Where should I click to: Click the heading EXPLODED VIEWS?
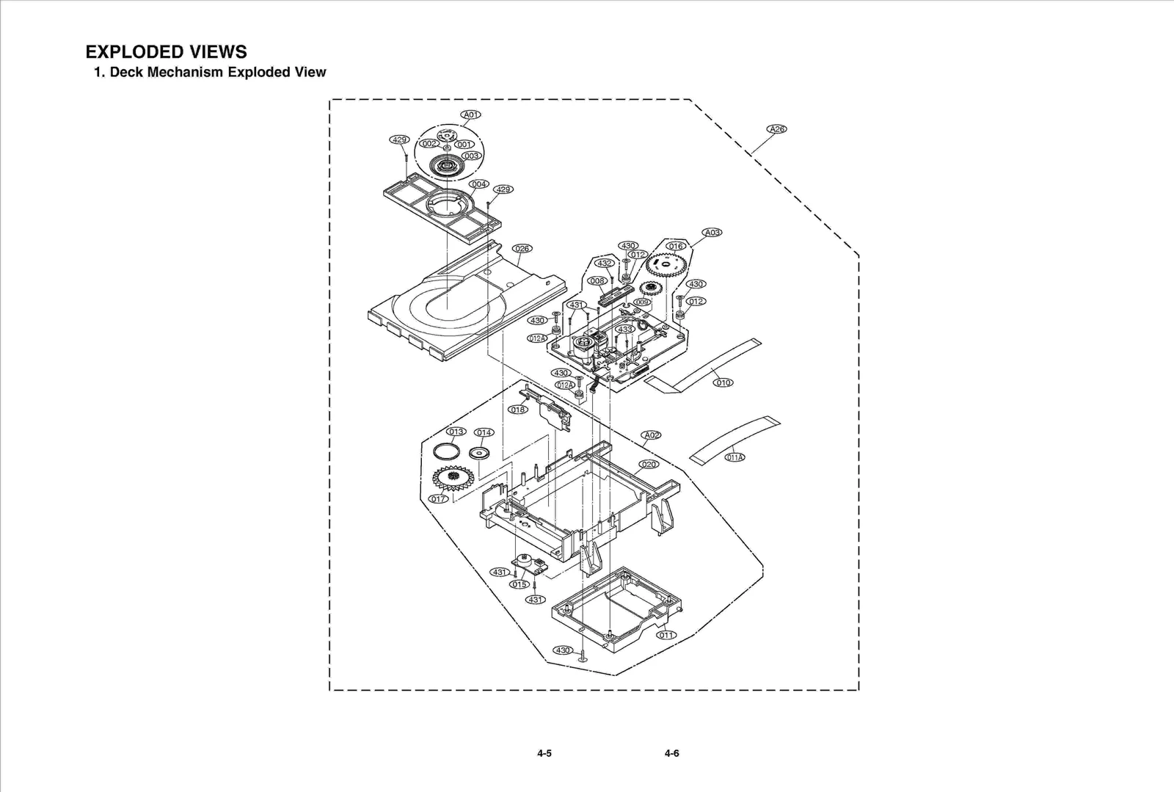point(166,51)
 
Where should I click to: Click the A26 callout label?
point(776,129)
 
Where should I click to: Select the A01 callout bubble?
point(471,115)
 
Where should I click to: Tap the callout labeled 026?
point(522,249)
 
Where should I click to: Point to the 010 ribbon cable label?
point(723,382)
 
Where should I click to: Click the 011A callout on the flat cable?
point(735,457)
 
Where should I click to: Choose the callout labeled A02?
point(651,435)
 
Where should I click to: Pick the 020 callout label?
point(649,465)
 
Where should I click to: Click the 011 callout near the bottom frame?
point(666,635)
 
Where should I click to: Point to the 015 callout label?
point(519,585)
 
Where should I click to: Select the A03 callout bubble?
point(712,232)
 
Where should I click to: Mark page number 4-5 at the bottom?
point(544,753)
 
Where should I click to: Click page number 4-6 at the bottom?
point(671,753)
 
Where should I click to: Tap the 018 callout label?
point(518,410)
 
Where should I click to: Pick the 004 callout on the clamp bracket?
point(479,184)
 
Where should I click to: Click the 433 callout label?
point(625,330)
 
